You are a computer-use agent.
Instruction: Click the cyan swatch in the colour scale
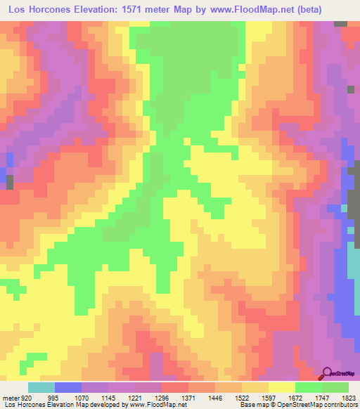click(x=41, y=387)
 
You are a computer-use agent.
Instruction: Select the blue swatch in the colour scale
click(x=68, y=387)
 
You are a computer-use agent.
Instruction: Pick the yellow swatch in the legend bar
click(x=282, y=387)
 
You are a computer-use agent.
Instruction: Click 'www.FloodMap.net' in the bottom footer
click(x=153, y=405)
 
